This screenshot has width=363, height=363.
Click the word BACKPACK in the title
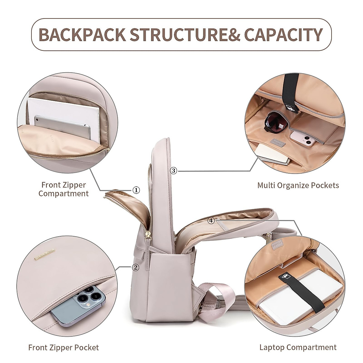pos(82,34)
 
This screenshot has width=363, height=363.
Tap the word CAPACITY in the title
pos(283,34)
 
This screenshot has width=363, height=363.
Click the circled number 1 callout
pos(136,190)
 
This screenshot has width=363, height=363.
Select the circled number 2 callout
pos(136,267)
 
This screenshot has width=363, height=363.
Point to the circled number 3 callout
pos(173,171)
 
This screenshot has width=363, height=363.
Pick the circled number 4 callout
pos(211,221)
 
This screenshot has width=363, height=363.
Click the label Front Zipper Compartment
pos(64,189)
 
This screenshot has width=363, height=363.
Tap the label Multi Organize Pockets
pos(298,185)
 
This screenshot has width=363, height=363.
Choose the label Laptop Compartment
pos(298,348)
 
